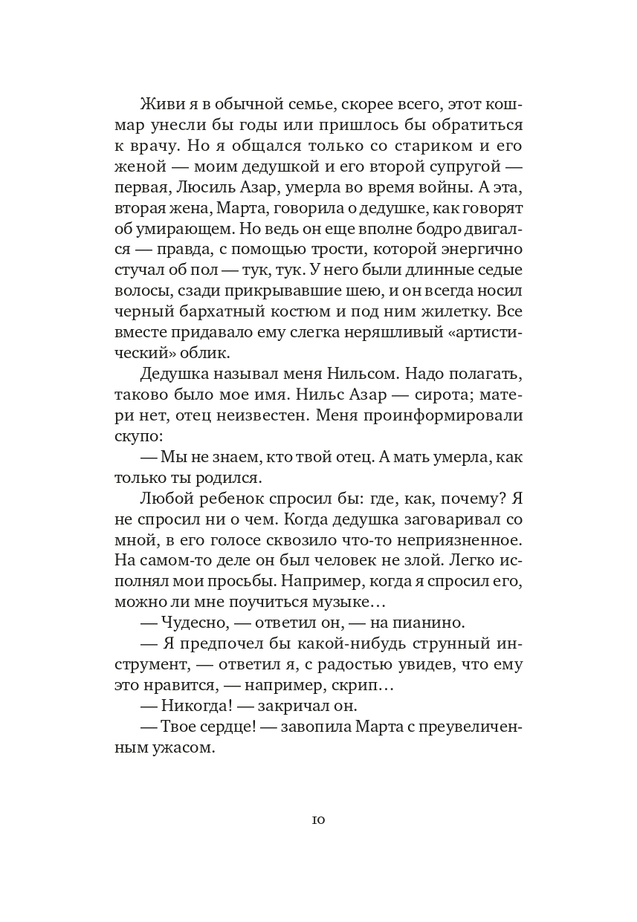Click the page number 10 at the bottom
[x=318, y=820]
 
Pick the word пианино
[x=429, y=623]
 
